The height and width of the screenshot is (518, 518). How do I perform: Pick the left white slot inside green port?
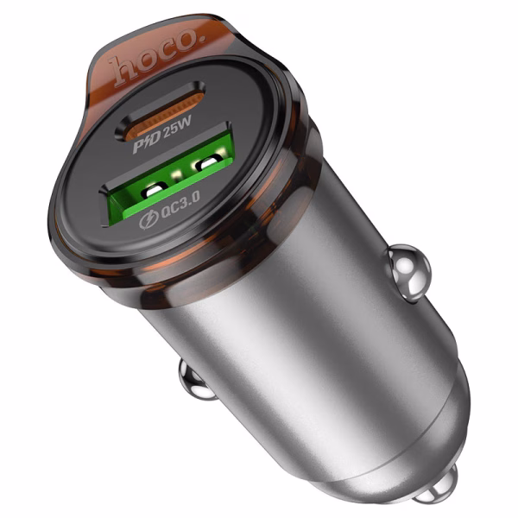(x=155, y=189)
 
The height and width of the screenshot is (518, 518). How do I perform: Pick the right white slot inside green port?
(x=208, y=162)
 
